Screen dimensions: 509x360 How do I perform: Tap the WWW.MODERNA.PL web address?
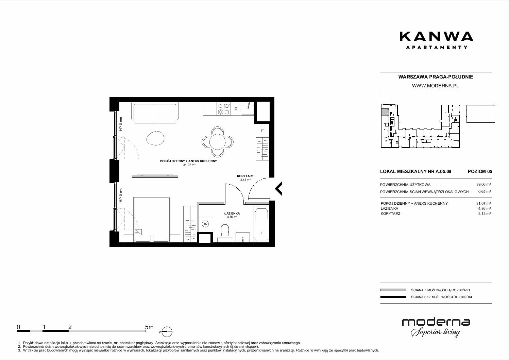(435, 86)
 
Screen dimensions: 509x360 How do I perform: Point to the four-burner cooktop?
(224, 109)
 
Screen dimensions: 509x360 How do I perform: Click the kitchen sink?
(248, 109)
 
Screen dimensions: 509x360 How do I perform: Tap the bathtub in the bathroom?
(261, 224)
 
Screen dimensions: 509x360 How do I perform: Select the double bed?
(152, 220)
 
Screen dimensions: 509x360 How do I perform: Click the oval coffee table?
(155, 138)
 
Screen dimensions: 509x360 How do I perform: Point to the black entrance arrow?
(278, 189)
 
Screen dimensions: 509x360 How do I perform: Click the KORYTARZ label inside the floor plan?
(245, 176)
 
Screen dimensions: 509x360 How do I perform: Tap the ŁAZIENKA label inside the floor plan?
(232, 213)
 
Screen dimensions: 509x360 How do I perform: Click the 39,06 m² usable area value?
(483, 185)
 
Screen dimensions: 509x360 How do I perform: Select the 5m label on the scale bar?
(149, 327)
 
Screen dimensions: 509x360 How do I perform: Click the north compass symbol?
(167, 332)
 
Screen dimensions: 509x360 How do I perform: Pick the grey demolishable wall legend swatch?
(393, 290)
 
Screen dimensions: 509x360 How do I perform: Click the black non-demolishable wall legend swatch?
(393, 297)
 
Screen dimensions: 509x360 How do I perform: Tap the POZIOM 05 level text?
(480, 171)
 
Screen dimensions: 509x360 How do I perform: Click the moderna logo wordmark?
(436, 322)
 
